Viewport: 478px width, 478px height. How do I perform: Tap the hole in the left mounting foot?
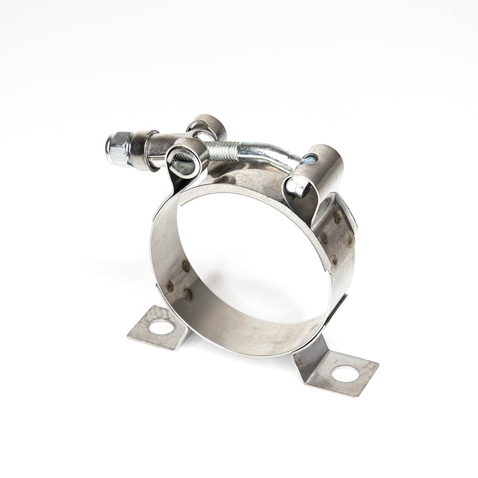tap(162, 327)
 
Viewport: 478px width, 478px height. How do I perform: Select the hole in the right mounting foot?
tap(345, 374)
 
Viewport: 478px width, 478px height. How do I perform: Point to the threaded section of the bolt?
tap(220, 144)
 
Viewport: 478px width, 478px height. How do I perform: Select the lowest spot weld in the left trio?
tap(188, 294)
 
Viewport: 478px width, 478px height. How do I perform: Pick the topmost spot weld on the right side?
tap(337, 217)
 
